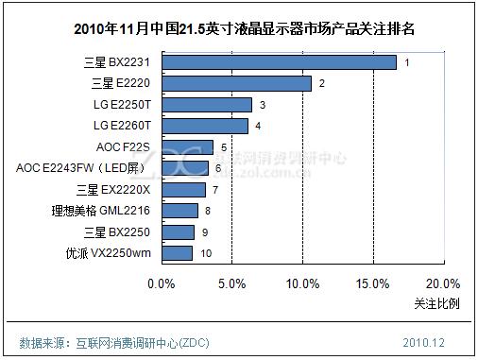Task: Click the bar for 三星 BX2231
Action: [279, 62]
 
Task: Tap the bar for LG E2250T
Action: [207, 105]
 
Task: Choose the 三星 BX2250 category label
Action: [117, 231]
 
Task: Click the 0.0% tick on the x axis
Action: [162, 283]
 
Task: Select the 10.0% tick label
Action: [302, 283]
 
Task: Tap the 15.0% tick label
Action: [373, 283]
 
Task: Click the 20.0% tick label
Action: [443, 283]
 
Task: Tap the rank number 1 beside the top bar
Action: [406, 62]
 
